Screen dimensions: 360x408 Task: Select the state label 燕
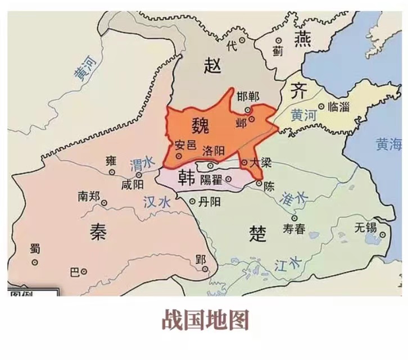[305, 40]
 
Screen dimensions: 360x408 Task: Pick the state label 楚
[257, 233]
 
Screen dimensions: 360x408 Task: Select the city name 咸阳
[132, 184]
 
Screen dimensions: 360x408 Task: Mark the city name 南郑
[89, 197]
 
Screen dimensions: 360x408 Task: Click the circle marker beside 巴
[84, 272]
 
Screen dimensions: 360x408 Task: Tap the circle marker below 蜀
[35, 262]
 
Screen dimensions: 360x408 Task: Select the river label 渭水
[140, 164]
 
